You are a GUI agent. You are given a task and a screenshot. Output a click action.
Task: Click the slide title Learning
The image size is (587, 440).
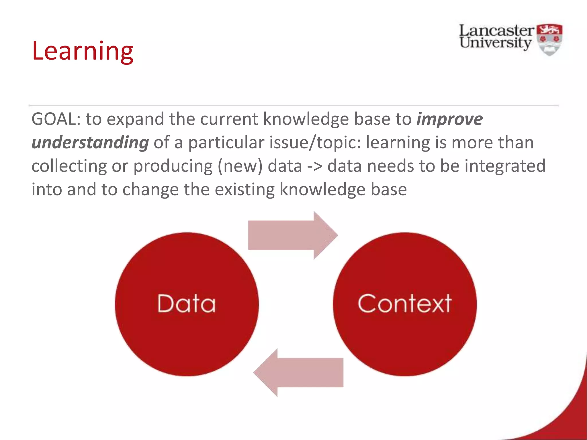tap(83, 51)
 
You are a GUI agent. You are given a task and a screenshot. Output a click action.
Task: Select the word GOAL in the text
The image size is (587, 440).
tap(54, 119)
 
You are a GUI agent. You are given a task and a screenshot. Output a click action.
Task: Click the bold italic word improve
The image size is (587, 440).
tap(449, 119)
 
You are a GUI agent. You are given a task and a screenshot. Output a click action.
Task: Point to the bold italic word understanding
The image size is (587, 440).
tap(90, 142)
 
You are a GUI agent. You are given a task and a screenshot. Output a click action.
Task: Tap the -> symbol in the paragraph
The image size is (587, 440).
tap(315, 166)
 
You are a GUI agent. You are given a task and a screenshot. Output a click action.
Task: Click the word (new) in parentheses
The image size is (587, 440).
tap(240, 166)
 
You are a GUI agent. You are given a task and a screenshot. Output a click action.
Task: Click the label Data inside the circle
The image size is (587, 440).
tap(186, 304)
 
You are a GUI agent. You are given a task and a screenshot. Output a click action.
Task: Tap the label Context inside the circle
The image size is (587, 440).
tap(404, 304)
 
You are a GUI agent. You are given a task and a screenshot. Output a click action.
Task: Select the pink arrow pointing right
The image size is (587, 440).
tap(292, 235)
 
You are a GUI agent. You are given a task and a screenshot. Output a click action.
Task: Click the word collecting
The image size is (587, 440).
tap(69, 166)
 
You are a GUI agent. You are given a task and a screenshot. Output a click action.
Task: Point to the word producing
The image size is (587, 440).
tap(173, 166)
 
